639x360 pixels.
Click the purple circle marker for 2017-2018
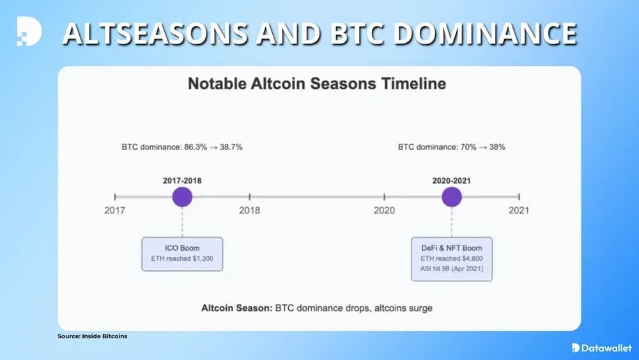(x=182, y=197)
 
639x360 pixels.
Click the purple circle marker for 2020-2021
(x=452, y=197)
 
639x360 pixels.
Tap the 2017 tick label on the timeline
(x=115, y=210)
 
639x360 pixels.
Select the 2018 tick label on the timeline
(x=250, y=210)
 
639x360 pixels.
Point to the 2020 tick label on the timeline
(x=384, y=210)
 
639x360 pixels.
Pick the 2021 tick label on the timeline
(x=518, y=210)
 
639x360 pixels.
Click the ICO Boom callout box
(x=182, y=254)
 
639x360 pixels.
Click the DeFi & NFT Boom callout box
(x=452, y=258)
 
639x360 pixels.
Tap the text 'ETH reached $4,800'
(x=452, y=258)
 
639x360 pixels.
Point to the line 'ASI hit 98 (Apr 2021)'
(x=452, y=269)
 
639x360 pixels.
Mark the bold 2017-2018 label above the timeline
(x=182, y=181)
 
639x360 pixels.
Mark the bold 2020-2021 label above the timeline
(x=452, y=181)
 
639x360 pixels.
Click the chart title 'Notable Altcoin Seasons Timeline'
(x=317, y=84)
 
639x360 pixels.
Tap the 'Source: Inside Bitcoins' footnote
(x=92, y=336)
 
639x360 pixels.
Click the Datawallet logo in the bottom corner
(x=601, y=347)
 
